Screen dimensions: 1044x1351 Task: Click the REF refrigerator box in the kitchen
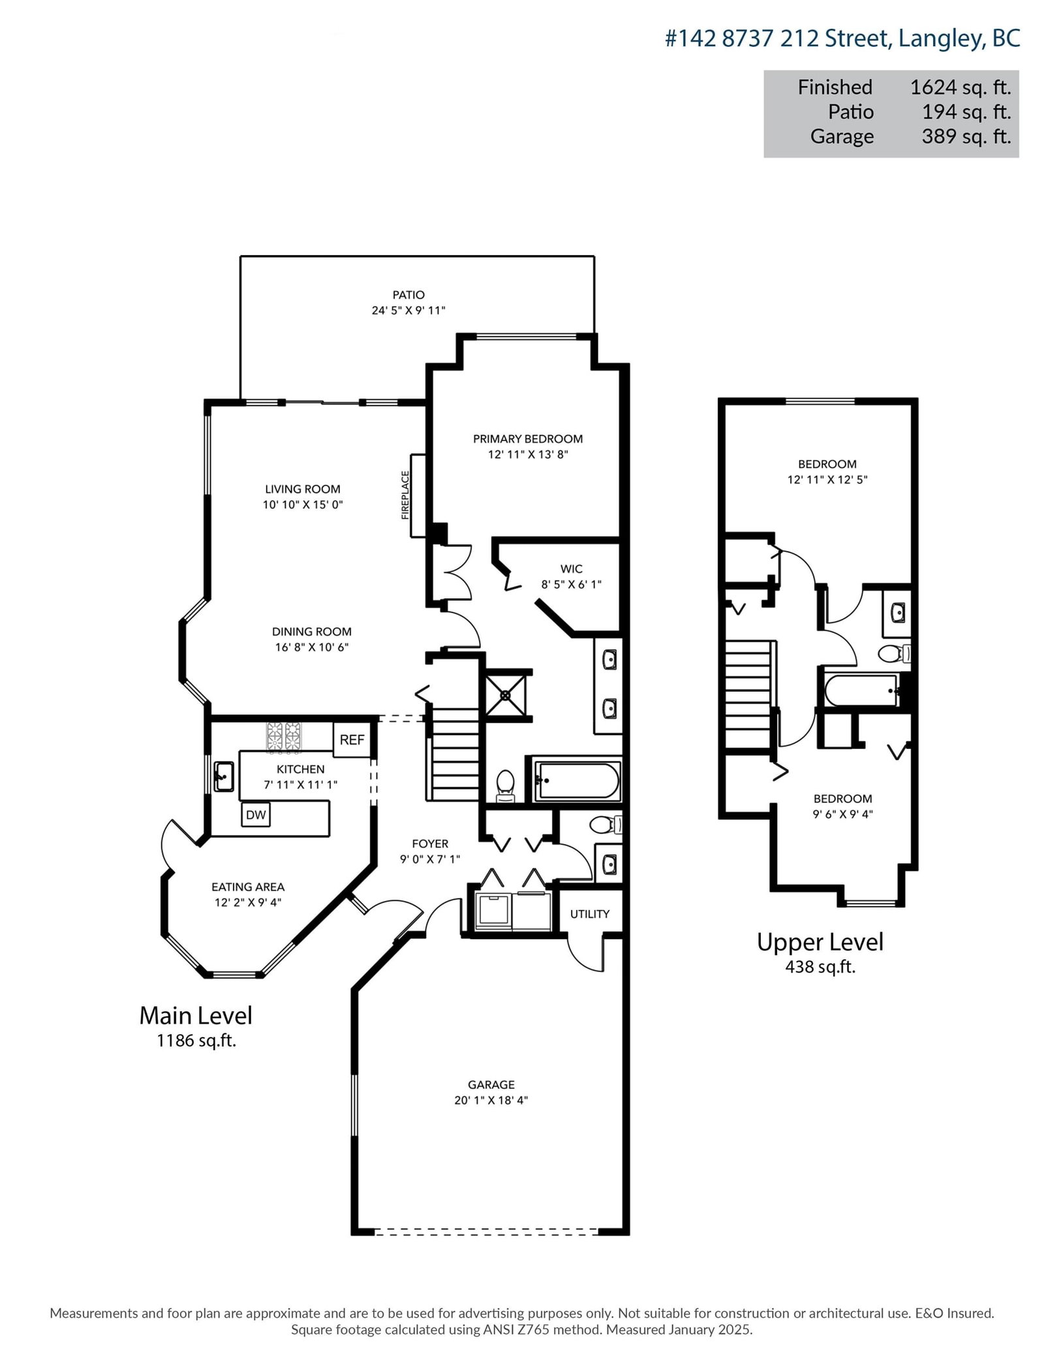click(x=352, y=739)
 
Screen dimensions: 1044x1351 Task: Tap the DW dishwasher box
click(x=256, y=815)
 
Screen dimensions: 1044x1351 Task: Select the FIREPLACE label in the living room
click(x=405, y=495)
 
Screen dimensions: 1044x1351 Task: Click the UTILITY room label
click(x=590, y=914)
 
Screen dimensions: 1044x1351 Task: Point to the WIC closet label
click(x=572, y=569)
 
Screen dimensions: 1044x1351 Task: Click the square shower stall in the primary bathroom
click(x=506, y=695)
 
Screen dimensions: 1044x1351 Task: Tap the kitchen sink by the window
click(x=224, y=776)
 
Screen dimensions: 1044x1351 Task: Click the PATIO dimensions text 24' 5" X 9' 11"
click(x=408, y=311)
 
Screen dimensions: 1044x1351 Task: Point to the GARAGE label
click(x=491, y=1085)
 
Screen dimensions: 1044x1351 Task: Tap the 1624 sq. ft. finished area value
click(x=960, y=87)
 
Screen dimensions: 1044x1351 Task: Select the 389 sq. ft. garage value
click(x=966, y=136)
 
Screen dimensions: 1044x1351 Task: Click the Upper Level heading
click(x=820, y=942)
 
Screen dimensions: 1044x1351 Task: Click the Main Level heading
click(x=196, y=1015)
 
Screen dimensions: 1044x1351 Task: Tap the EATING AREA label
click(x=248, y=887)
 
